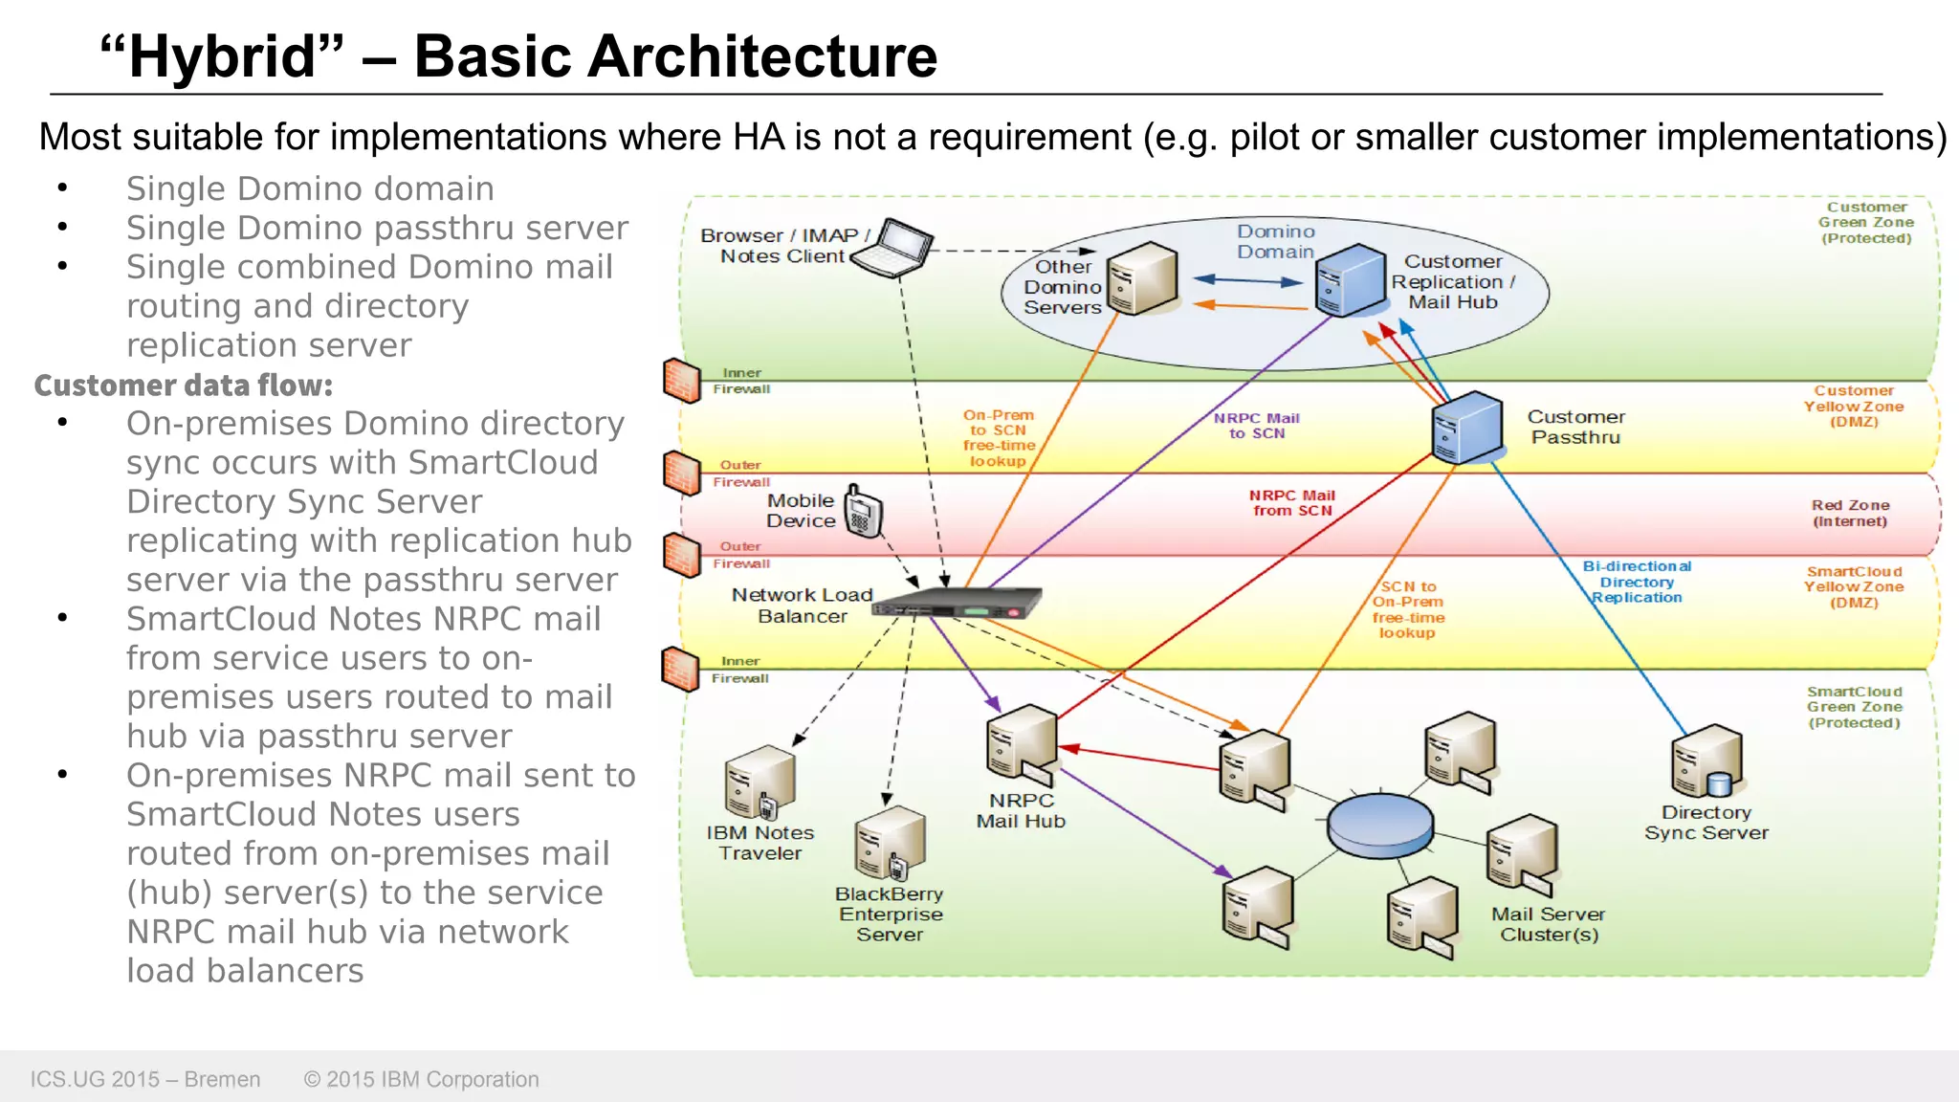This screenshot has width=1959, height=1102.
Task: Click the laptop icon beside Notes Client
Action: tap(892, 248)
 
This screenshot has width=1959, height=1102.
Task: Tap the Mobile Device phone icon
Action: tap(863, 512)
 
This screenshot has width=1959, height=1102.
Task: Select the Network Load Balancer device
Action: tap(957, 604)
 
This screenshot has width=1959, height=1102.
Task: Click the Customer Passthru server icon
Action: tap(1466, 428)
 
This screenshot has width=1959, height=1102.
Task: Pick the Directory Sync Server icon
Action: tap(1706, 761)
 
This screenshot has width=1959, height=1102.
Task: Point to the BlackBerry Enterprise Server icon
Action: tap(891, 843)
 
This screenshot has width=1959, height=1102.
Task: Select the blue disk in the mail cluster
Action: tap(1379, 825)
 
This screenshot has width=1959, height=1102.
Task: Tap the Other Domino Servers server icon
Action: tap(1142, 278)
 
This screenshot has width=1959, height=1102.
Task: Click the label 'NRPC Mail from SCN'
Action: tap(1291, 503)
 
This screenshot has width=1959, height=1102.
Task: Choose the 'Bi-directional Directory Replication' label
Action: tap(1637, 582)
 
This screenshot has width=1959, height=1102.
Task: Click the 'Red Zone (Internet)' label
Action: tap(1850, 513)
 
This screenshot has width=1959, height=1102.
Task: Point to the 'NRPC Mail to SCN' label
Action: tap(1256, 426)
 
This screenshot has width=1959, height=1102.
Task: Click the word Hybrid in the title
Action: tap(222, 56)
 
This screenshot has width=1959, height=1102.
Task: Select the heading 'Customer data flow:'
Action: tap(184, 386)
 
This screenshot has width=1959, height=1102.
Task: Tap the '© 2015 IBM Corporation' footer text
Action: tap(421, 1079)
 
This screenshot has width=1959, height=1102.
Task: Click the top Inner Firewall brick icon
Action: tap(682, 380)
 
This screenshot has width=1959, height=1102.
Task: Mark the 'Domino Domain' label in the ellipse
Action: tap(1275, 241)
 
